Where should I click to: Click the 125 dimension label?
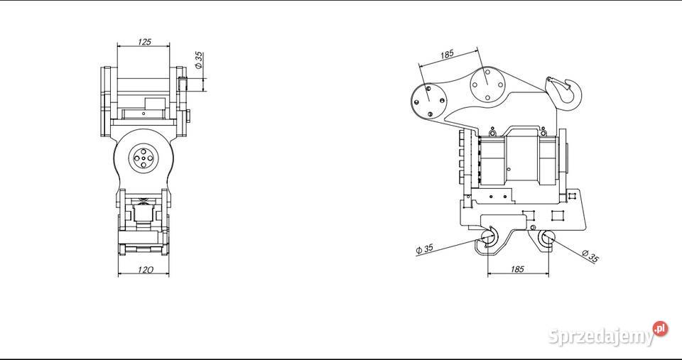tap(144, 42)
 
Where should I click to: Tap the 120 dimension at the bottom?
tap(145, 270)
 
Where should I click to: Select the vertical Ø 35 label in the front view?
tap(199, 60)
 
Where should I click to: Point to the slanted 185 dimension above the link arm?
tap(447, 55)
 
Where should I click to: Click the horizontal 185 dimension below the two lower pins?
tap(517, 270)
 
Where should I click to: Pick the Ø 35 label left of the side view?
tap(424, 249)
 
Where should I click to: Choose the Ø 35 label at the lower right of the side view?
tap(590, 256)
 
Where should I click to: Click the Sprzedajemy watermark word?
tap(601, 336)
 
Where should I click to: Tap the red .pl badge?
tap(660, 329)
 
